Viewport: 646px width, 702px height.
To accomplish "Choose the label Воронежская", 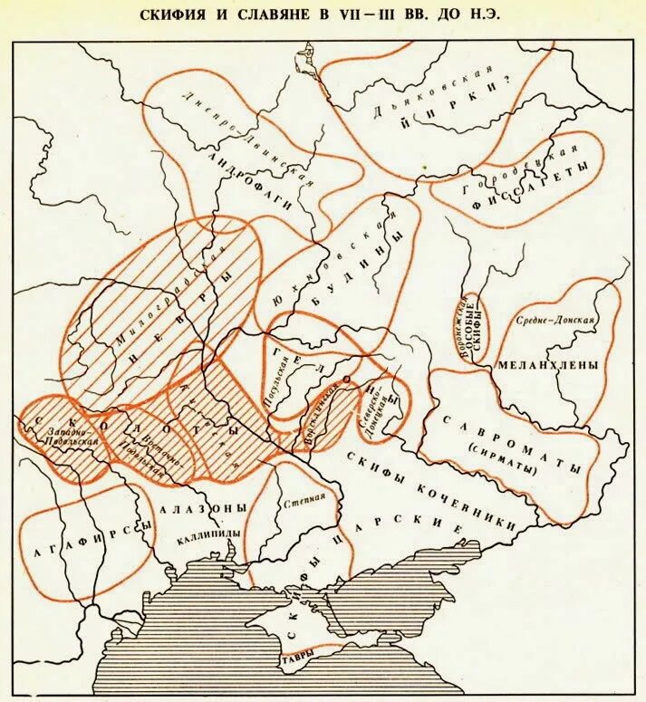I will [462, 328].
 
